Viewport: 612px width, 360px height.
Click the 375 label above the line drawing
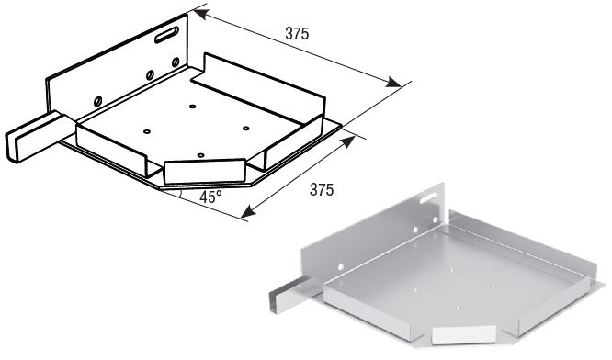tap(297, 34)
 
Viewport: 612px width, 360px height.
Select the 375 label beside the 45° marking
tap(322, 189)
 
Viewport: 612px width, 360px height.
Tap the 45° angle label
tap(210, 197)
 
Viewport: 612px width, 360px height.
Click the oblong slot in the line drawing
tap(166, 35)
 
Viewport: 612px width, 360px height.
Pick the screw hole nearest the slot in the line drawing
tap(176, 62)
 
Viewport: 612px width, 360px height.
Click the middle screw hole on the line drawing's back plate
tap(150, 75)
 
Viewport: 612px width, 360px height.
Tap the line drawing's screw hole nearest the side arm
tap(98, 101)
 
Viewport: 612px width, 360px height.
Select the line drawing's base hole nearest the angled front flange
tap(200, 155)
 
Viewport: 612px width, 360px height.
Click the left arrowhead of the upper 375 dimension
tap(198, 14)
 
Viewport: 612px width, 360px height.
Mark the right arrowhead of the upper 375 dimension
tap(394, 83)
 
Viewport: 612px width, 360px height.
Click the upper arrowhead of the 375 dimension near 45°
tap(348, 142)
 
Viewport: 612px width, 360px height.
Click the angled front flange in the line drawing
tap(205, 171)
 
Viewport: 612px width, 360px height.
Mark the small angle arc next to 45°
tap(179, 193)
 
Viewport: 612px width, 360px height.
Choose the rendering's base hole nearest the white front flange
tap(459, 309)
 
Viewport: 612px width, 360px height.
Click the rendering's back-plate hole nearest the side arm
tap(341, 266)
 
